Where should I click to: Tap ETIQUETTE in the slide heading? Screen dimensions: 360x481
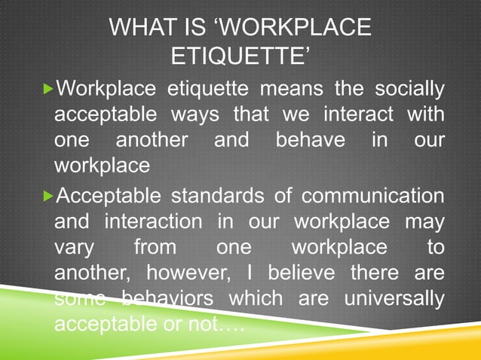pos(240,56)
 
